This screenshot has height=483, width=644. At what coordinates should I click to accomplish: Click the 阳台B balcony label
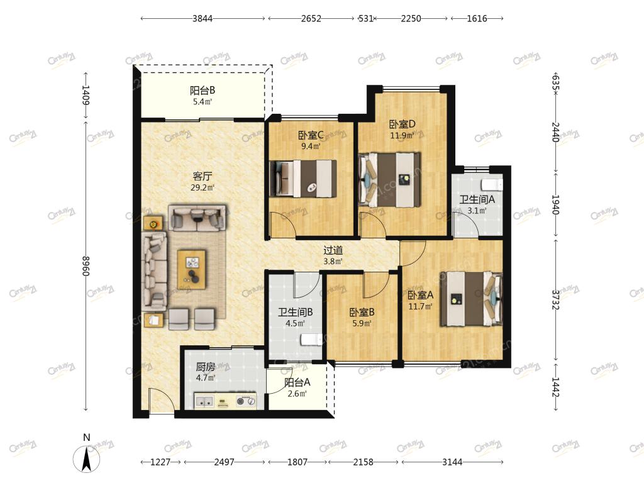[202, 91]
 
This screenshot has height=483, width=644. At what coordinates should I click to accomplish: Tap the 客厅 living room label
[202, 177]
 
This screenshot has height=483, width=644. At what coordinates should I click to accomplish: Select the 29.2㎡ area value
[202, 188]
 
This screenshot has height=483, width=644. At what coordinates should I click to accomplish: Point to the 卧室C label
[311, 135]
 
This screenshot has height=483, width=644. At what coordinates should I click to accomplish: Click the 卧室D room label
[402, 124]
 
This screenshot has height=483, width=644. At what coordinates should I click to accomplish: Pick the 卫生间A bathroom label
[477, 199]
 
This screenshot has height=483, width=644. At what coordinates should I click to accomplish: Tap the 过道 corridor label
[333, 250]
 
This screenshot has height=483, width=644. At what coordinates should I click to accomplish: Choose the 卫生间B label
[296, 312]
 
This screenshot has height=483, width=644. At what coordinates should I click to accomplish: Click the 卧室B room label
[362, 312]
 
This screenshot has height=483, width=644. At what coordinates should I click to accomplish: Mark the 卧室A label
[420, 295]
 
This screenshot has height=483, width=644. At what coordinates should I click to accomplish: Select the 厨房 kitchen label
[206, 367]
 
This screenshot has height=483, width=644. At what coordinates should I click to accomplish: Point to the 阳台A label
[297, 382]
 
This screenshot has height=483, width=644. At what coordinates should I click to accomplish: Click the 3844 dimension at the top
[203, 18]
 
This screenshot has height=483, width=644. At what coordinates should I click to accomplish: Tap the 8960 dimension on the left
[86, 266]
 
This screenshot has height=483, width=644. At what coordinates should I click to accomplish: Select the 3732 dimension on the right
[555, 300]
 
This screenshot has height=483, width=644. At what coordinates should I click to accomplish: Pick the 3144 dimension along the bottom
[452, 462]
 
